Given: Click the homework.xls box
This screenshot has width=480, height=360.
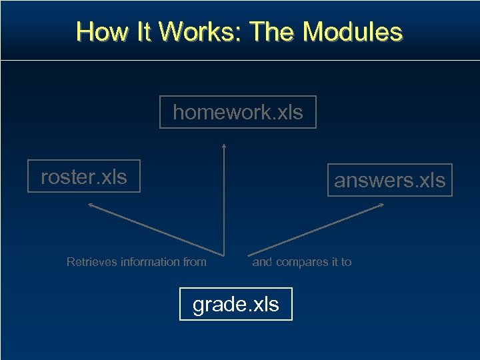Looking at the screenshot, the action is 237,112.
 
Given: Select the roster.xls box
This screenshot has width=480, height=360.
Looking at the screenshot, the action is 84,177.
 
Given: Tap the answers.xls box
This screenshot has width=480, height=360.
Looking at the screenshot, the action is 389,180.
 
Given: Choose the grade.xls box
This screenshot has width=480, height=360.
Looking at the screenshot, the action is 236,305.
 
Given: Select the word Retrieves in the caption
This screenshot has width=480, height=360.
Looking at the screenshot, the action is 91,262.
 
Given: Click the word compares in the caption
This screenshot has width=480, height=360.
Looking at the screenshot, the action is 298,262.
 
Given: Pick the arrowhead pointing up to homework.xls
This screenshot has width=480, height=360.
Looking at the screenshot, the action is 223,145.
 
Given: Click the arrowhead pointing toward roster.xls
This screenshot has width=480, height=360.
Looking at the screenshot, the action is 91,206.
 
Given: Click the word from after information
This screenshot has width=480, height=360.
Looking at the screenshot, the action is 194,262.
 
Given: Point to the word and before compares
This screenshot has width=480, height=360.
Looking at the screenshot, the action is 262,262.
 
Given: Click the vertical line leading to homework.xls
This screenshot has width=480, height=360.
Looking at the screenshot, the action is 223,200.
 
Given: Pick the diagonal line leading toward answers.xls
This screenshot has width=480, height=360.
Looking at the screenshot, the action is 313,230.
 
